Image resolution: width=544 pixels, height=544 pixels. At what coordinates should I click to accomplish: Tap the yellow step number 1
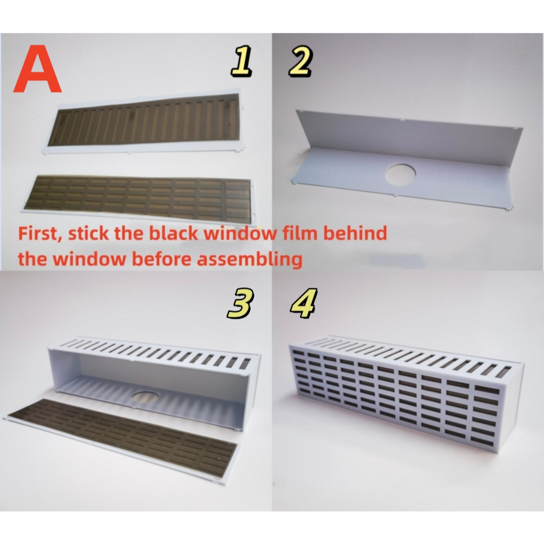tap(241, 62)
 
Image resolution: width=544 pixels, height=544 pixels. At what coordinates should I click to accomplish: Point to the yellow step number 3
tap(240, 304)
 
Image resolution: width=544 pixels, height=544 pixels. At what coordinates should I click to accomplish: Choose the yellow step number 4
tap(303, 304)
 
